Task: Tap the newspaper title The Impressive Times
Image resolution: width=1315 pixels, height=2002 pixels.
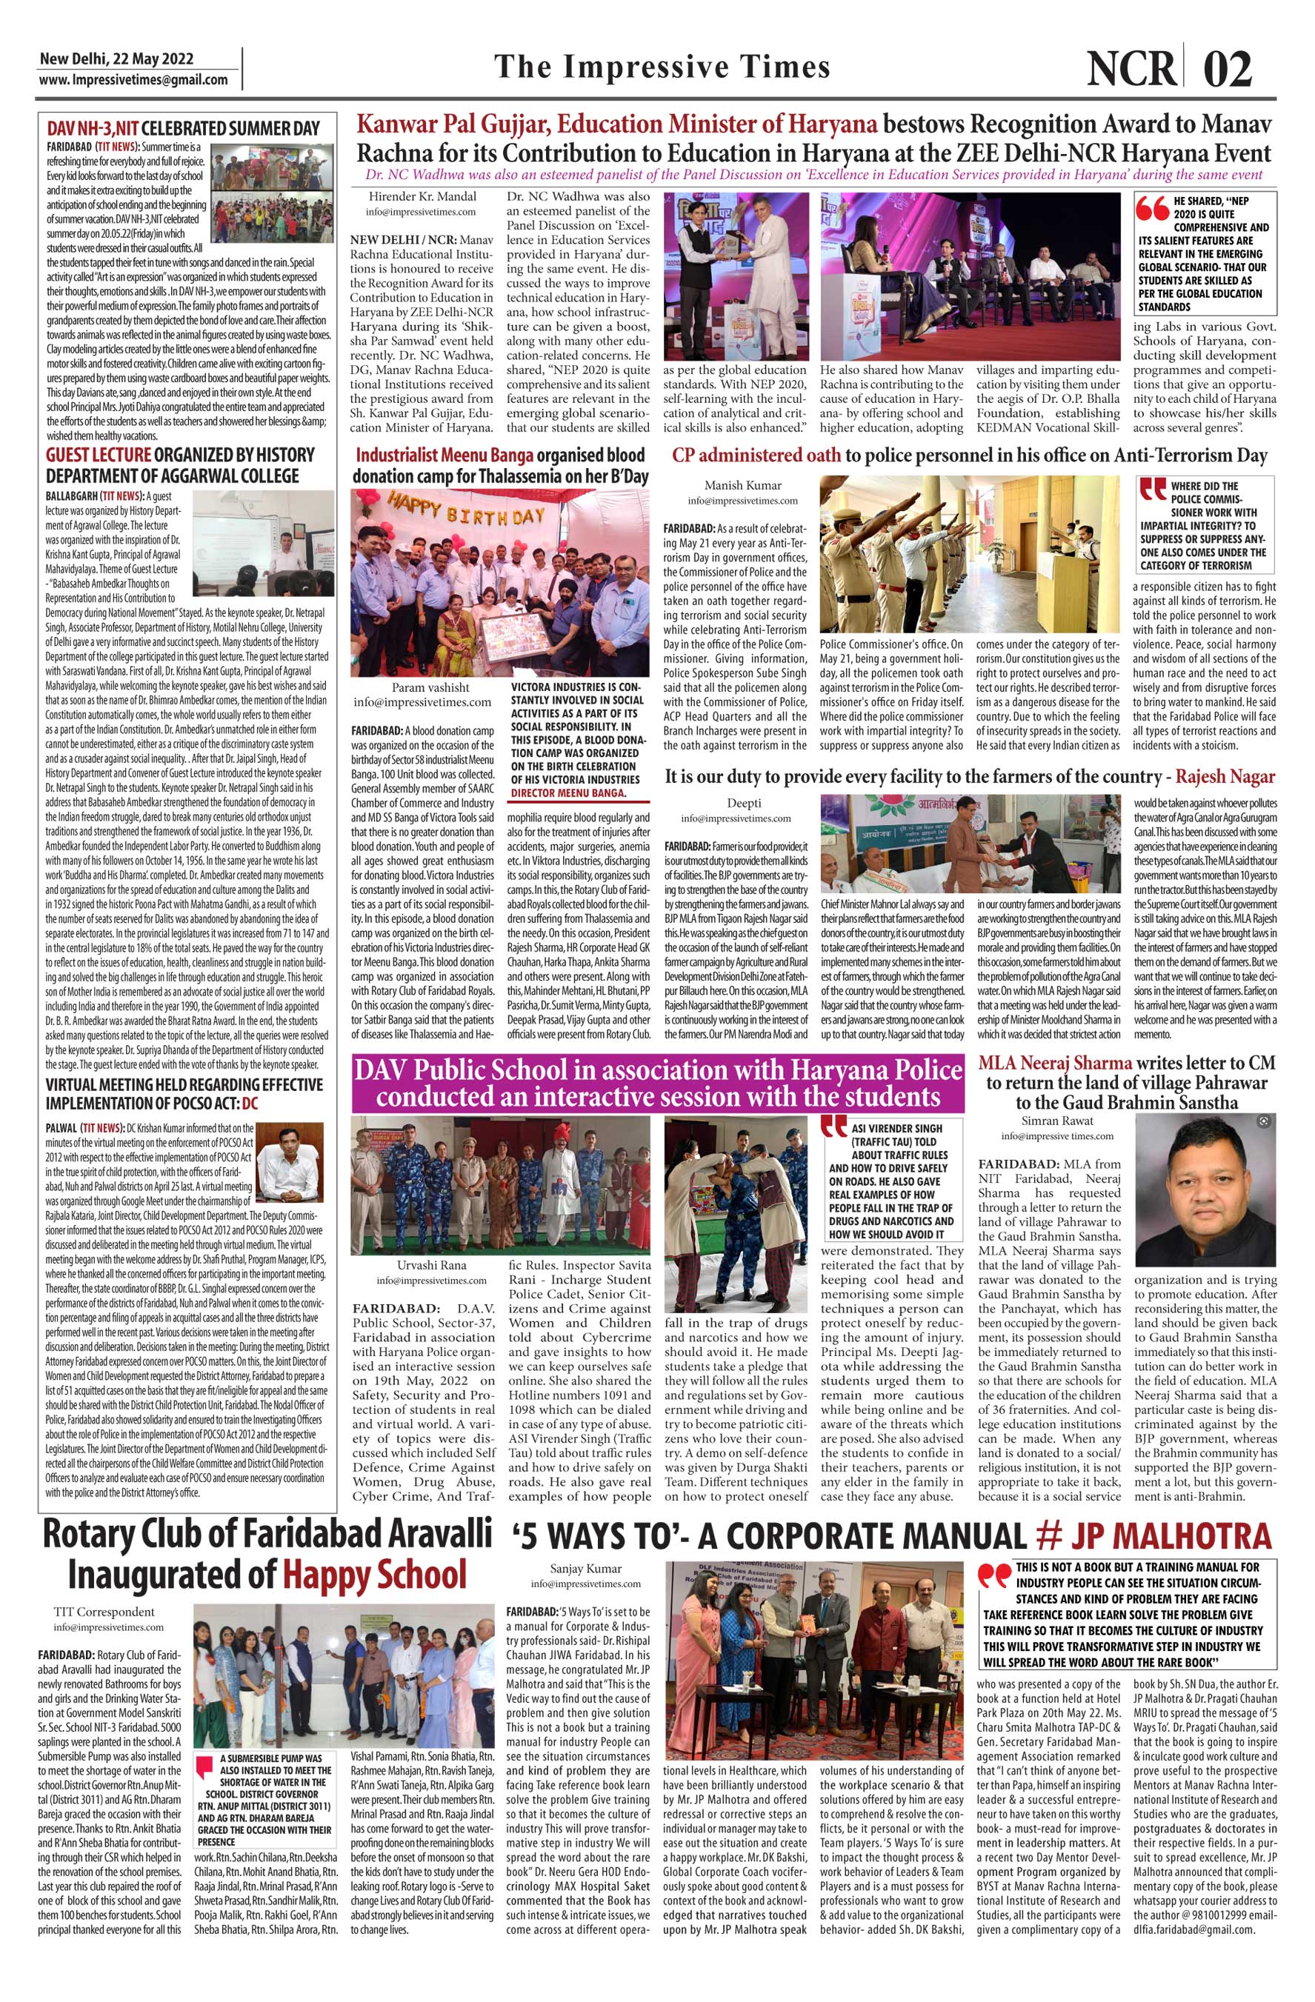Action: click(x=662, y=67)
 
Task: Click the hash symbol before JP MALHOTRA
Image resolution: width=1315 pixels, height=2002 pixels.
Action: click(x=1048, y=1535)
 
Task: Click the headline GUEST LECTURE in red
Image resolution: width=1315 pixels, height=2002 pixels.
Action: click(x=98, y=455)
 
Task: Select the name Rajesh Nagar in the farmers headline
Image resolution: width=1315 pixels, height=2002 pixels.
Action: click(x=1225, y=776)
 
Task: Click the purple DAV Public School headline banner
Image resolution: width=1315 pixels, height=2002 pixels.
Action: click(x=657, y=1083)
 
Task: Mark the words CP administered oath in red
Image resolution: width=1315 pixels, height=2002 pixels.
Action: click(x=756, y=455)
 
